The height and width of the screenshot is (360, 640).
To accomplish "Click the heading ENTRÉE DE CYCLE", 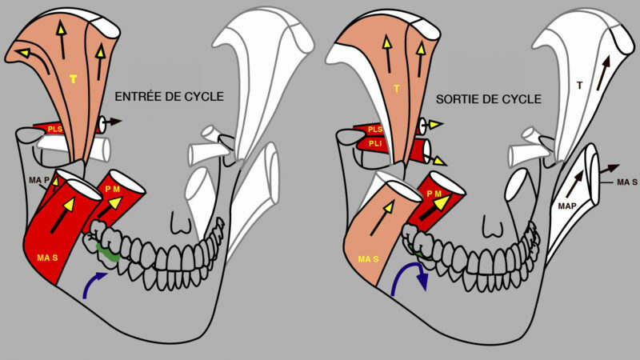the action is point(169,97).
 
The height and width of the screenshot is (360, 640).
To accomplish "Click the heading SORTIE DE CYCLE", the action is point(489,99).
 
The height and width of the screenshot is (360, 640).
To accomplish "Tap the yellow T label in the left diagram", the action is point(74,79).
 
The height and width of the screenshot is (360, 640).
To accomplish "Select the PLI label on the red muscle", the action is point(375,144).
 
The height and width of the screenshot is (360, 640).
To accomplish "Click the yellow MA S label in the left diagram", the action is point(47,258).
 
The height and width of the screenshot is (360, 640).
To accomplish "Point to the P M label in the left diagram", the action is point(112,190).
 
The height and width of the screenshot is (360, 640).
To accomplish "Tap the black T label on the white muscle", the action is point(579,86).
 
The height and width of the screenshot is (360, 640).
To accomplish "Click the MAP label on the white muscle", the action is point(567,206).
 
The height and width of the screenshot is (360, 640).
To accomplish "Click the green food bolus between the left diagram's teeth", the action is point(107,253).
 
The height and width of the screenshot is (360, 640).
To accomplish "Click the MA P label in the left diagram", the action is point(39,180).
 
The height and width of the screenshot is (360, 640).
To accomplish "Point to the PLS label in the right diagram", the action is point(375,130).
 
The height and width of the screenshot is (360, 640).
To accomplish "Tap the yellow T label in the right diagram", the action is point(396,89).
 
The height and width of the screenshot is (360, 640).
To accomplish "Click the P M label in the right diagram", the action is point(434,194).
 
